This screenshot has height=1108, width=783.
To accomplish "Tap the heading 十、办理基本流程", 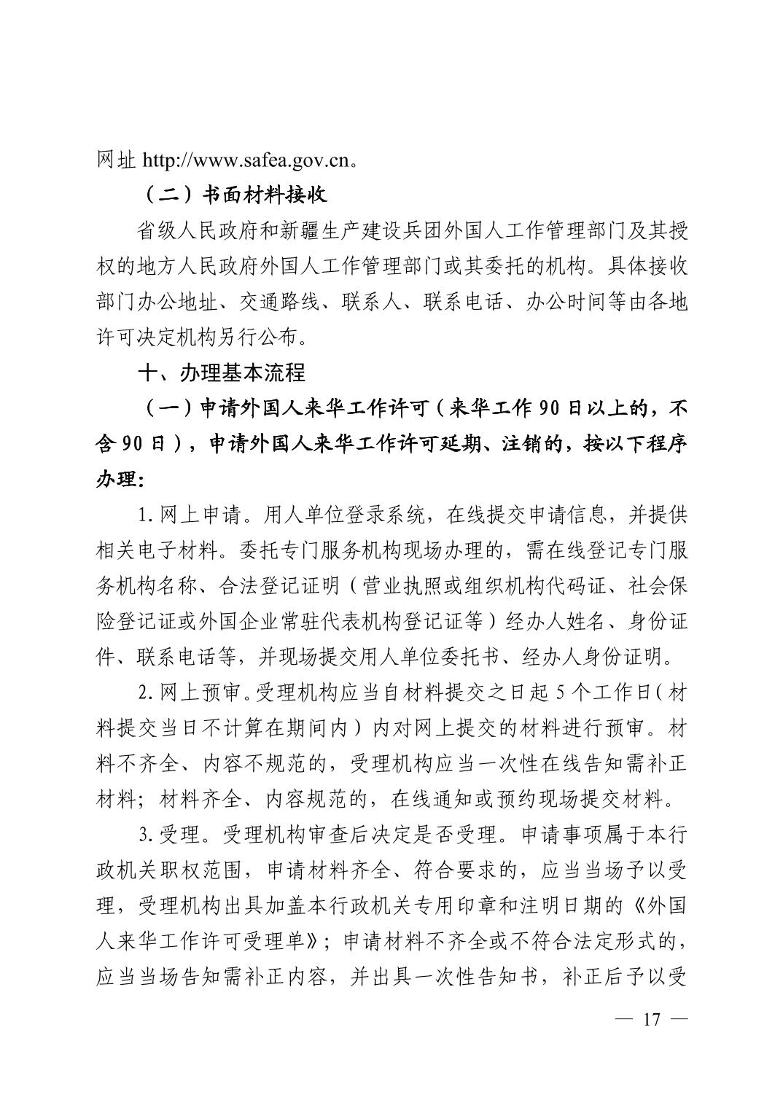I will (x=222, y=372).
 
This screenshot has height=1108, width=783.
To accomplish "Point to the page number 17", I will (x=651, y=1019).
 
